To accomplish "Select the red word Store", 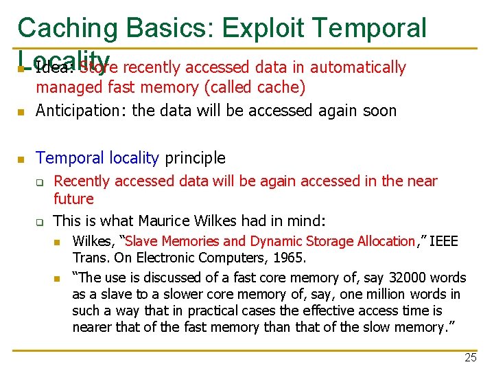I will (x=99, y=67).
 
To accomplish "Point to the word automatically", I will (x=358, y=67).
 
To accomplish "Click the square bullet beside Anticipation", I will (x=21, y=111).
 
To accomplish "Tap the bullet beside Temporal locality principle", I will (x=21, y=159).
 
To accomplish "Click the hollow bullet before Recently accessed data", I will (x=40, y=183).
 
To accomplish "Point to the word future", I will (x=73, y=199).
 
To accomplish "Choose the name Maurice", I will (x=165, y=221).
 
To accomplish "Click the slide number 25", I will (x=470, y=357).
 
